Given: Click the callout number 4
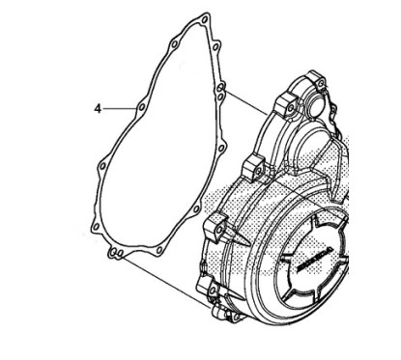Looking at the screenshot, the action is point(99,110).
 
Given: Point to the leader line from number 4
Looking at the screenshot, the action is point(121,109).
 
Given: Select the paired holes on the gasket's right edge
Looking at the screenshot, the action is point(222,97).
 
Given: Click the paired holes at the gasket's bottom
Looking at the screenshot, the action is point(114,253).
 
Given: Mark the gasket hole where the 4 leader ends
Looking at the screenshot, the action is point(141,107).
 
